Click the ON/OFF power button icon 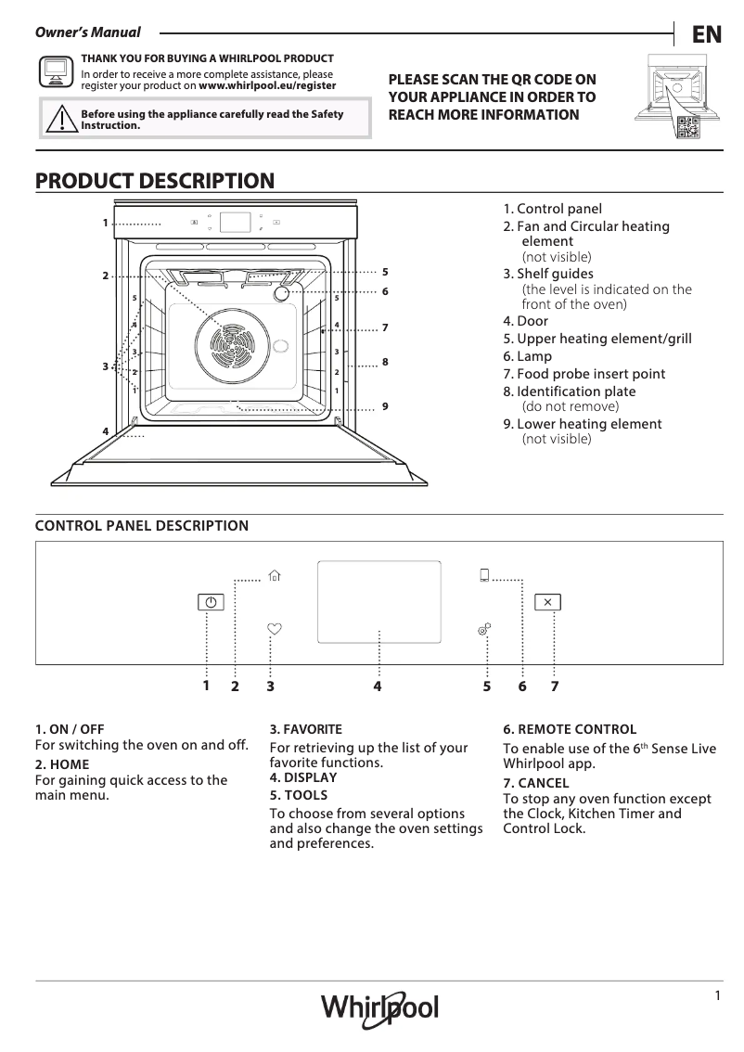coord(212,602)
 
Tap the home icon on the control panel coord(274,576)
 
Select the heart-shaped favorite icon coord(274,628)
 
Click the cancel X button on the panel coord(547,602)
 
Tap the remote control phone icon coord(484,575)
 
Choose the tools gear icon coord(483,630)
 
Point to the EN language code coord(706,34)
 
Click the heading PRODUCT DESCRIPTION coord(154,181)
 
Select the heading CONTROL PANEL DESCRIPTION coord(141,526)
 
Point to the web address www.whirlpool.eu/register coord(267,85)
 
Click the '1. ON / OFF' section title coord(70,729)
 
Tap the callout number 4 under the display coord(378,686)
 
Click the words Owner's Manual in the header coord(87,33)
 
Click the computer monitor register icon coord(56,71)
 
